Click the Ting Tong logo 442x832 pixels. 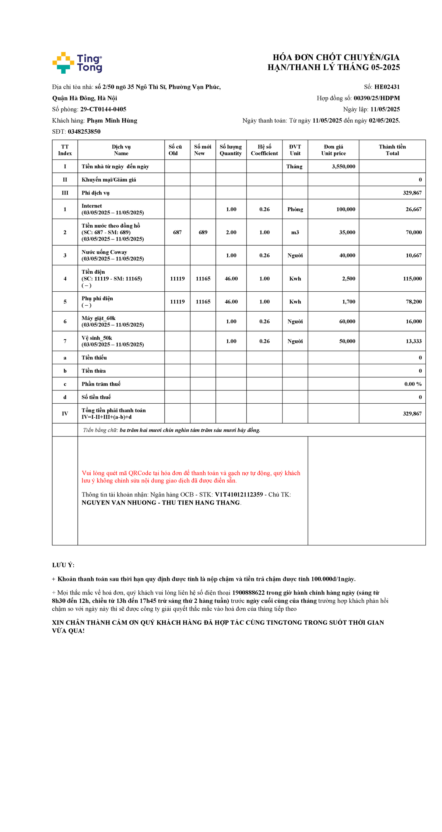(x=77, y=63)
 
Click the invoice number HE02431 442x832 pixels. (x=387, y=87)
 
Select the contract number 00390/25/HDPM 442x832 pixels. (x=376, y=98)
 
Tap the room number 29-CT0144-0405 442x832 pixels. (x=103, y=109)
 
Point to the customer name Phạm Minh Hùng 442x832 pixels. (x=112, y=120)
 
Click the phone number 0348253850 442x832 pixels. (x=84, y=131)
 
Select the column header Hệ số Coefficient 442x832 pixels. (x=264, y=150)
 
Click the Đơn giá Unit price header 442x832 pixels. (x=333, y=150)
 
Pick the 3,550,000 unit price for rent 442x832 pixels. (x=343, y=166)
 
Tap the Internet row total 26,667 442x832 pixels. (x=414, y=209)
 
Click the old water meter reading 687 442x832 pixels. (x=177, y=232)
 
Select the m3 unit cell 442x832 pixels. (x=295, y=232)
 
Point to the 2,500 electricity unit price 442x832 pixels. (x=348, y=278)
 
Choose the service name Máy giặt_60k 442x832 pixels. (x=98, y=318)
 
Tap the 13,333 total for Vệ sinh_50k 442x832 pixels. (x=414, y=341)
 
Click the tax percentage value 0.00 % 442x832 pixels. (x=413, y=384)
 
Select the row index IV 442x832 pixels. (x=65, y=414)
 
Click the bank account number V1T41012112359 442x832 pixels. (x=239, y=495)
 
